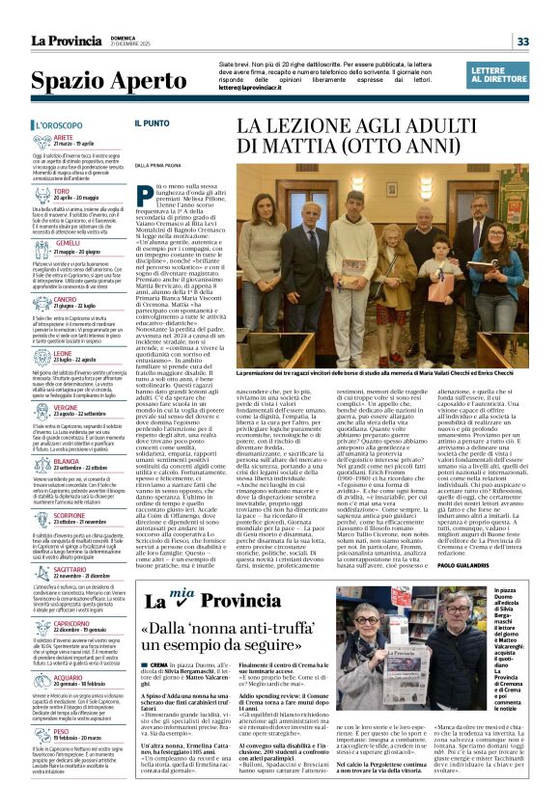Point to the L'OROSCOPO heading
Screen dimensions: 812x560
point(55,125)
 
